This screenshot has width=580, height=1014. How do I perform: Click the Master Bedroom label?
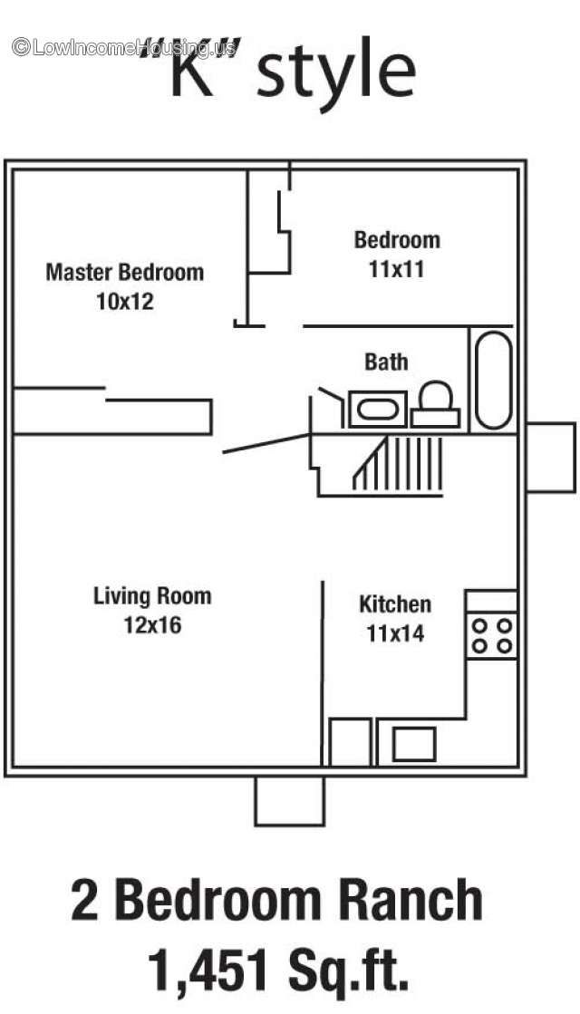coord(125,272)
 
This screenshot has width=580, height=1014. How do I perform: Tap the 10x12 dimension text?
coord(125,302)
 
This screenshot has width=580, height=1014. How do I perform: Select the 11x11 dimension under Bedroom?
coord(396,268)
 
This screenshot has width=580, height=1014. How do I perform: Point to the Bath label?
coord(386,362)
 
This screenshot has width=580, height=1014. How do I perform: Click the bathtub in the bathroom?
coord(493,380)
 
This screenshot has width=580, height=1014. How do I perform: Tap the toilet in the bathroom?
coord(435,404)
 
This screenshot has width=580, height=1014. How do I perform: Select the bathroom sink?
coord(378,409)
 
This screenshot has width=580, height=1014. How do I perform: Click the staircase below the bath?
coord(398,464)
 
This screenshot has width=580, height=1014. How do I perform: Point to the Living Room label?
coord(152,595)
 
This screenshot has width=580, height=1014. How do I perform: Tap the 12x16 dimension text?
coord(152,624)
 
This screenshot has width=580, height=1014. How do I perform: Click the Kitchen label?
coord(395,604)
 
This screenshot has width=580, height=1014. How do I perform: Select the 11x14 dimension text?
coord(395,633)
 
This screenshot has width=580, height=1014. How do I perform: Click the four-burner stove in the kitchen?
coord(491,636)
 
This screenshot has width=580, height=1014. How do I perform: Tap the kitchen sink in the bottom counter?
coord(414,744)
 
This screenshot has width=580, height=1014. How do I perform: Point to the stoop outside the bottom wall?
coord(289,800)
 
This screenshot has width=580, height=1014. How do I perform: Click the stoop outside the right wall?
coord(550,458)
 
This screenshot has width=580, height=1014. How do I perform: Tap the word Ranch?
coord(411,900)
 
